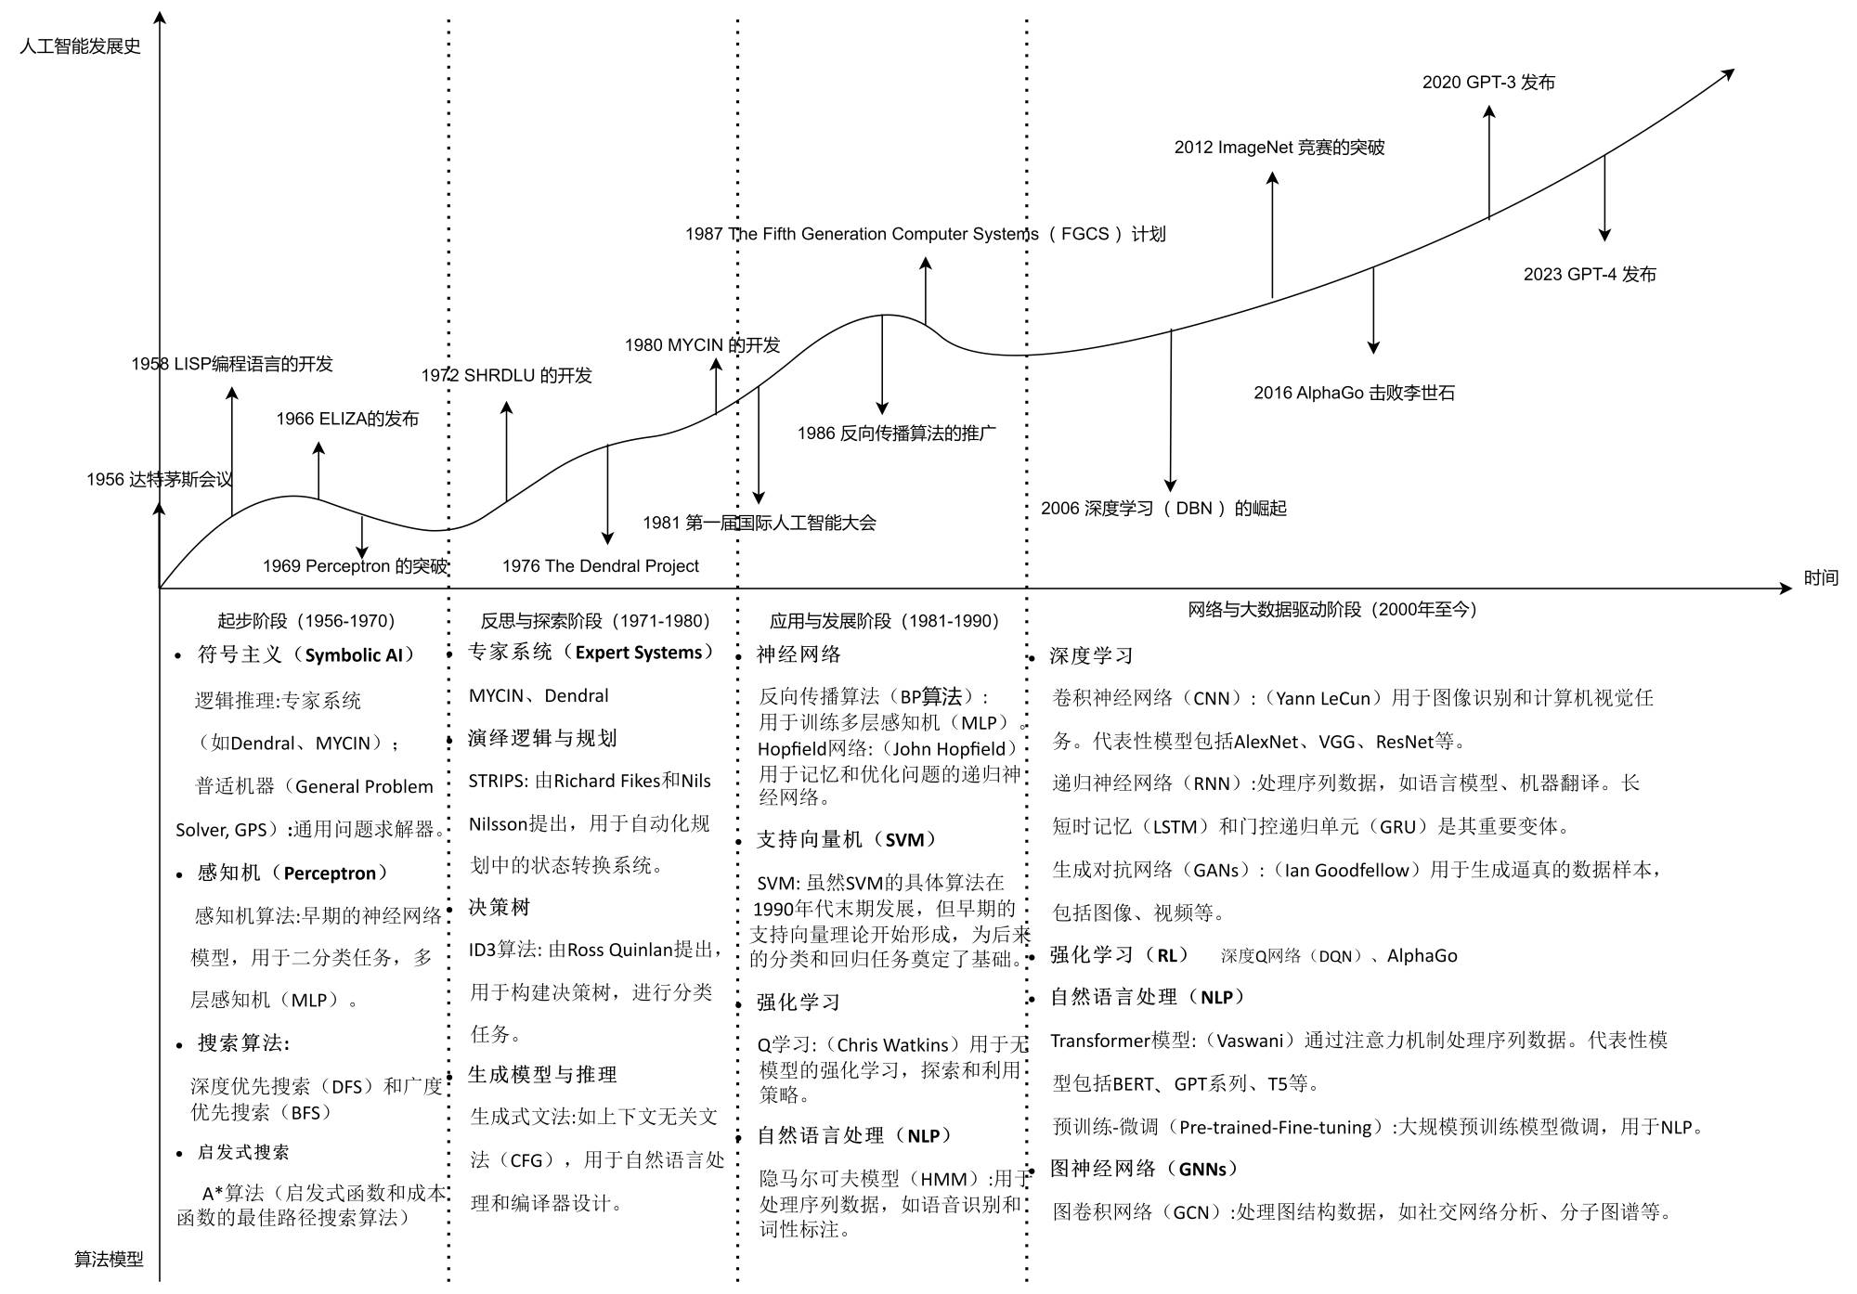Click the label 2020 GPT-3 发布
(1488, 83)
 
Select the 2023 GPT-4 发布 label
(1590, 275)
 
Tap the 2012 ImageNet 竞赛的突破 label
(1279, 148)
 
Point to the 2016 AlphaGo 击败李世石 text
(1354, 394)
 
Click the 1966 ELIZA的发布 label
(347, 420)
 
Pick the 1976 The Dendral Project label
(600, 566)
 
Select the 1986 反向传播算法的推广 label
(896, 433)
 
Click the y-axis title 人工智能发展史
(80, 46)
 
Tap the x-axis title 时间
(1821, 578)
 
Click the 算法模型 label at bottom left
(109, 1260)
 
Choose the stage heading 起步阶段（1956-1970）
(306, 621)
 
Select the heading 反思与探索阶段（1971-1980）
(595, 621)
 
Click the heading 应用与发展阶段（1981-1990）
(884, 621)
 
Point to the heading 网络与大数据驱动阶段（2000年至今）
(1332, 610)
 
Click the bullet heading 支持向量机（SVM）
(847, 840)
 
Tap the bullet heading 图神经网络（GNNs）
(1144, 1170)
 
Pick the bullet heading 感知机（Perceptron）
(292, 873)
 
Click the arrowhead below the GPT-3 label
(1489, 112)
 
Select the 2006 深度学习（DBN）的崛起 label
(1163, 509)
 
